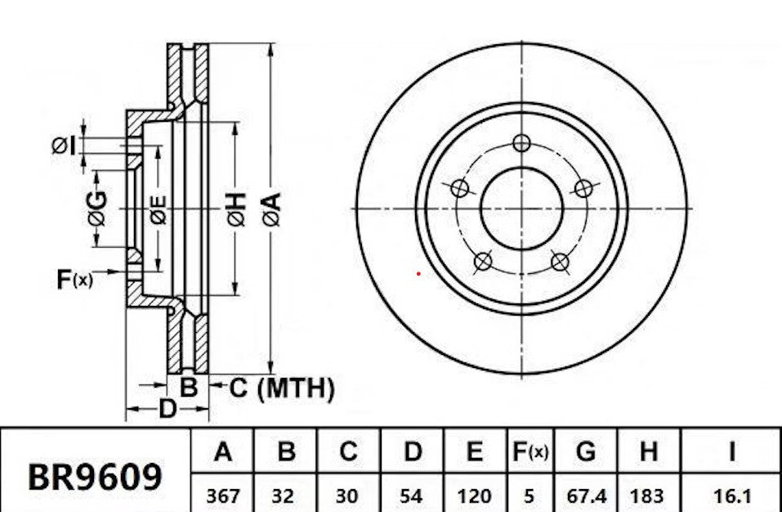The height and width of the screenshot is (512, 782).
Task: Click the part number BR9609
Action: [x=95, y=475]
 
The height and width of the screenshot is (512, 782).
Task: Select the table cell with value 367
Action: [x=222, y=495]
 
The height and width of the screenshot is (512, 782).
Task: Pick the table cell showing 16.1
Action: [x=731, y=495]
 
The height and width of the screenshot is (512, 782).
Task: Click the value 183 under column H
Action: [x=648, y=495]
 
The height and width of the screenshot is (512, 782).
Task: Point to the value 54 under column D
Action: [x=413, y=495]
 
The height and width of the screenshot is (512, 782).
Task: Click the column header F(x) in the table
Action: [x=530, y=451]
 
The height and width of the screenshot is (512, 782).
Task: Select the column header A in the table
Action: [x=222, y=451]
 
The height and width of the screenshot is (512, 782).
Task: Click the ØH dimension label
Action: [x=236, y=209]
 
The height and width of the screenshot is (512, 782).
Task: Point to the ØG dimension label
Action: [x=96, y=208]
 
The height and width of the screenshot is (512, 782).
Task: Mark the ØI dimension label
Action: [x=64, y=146]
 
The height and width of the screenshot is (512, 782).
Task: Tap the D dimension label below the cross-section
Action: [x=167, y=408]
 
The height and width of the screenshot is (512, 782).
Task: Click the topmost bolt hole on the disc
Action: [x=522, y=143]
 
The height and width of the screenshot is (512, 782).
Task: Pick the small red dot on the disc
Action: [x=418, y=273]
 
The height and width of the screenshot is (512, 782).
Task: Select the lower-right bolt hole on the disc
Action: [x=560, y=262]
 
